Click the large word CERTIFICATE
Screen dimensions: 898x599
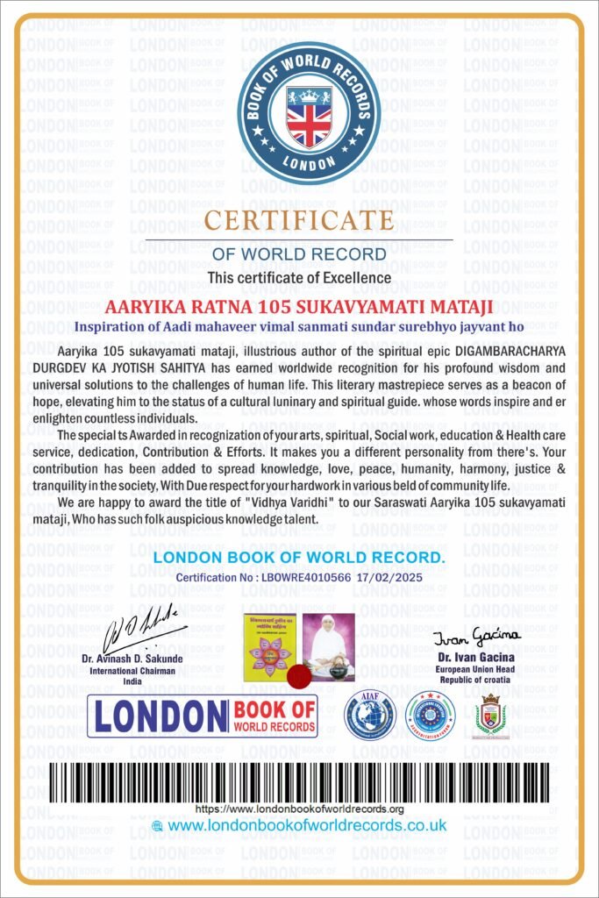pyautogui.click(x=299, y=220)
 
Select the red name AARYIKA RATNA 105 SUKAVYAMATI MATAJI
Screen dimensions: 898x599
pyautogui.click(x=299, y=307)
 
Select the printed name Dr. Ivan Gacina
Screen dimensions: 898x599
pyautogui.click(x=465, y=656)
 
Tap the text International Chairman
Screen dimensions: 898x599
pyautogui.click(x=132, y=671)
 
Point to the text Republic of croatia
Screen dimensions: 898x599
pyautogui.click(x=465, y=681)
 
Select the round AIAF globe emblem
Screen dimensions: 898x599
pyautogui.click(x=369, y=714)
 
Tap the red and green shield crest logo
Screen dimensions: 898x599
pyautogui.click(x=491, y=715)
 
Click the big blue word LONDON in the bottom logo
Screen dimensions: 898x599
pyautogui.click(x=160, y=716)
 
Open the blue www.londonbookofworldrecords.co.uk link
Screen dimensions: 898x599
pyautogui.click(x=307, y=826)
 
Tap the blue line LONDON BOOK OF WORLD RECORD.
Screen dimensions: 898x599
pyautogui.click(x=299, y=559)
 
